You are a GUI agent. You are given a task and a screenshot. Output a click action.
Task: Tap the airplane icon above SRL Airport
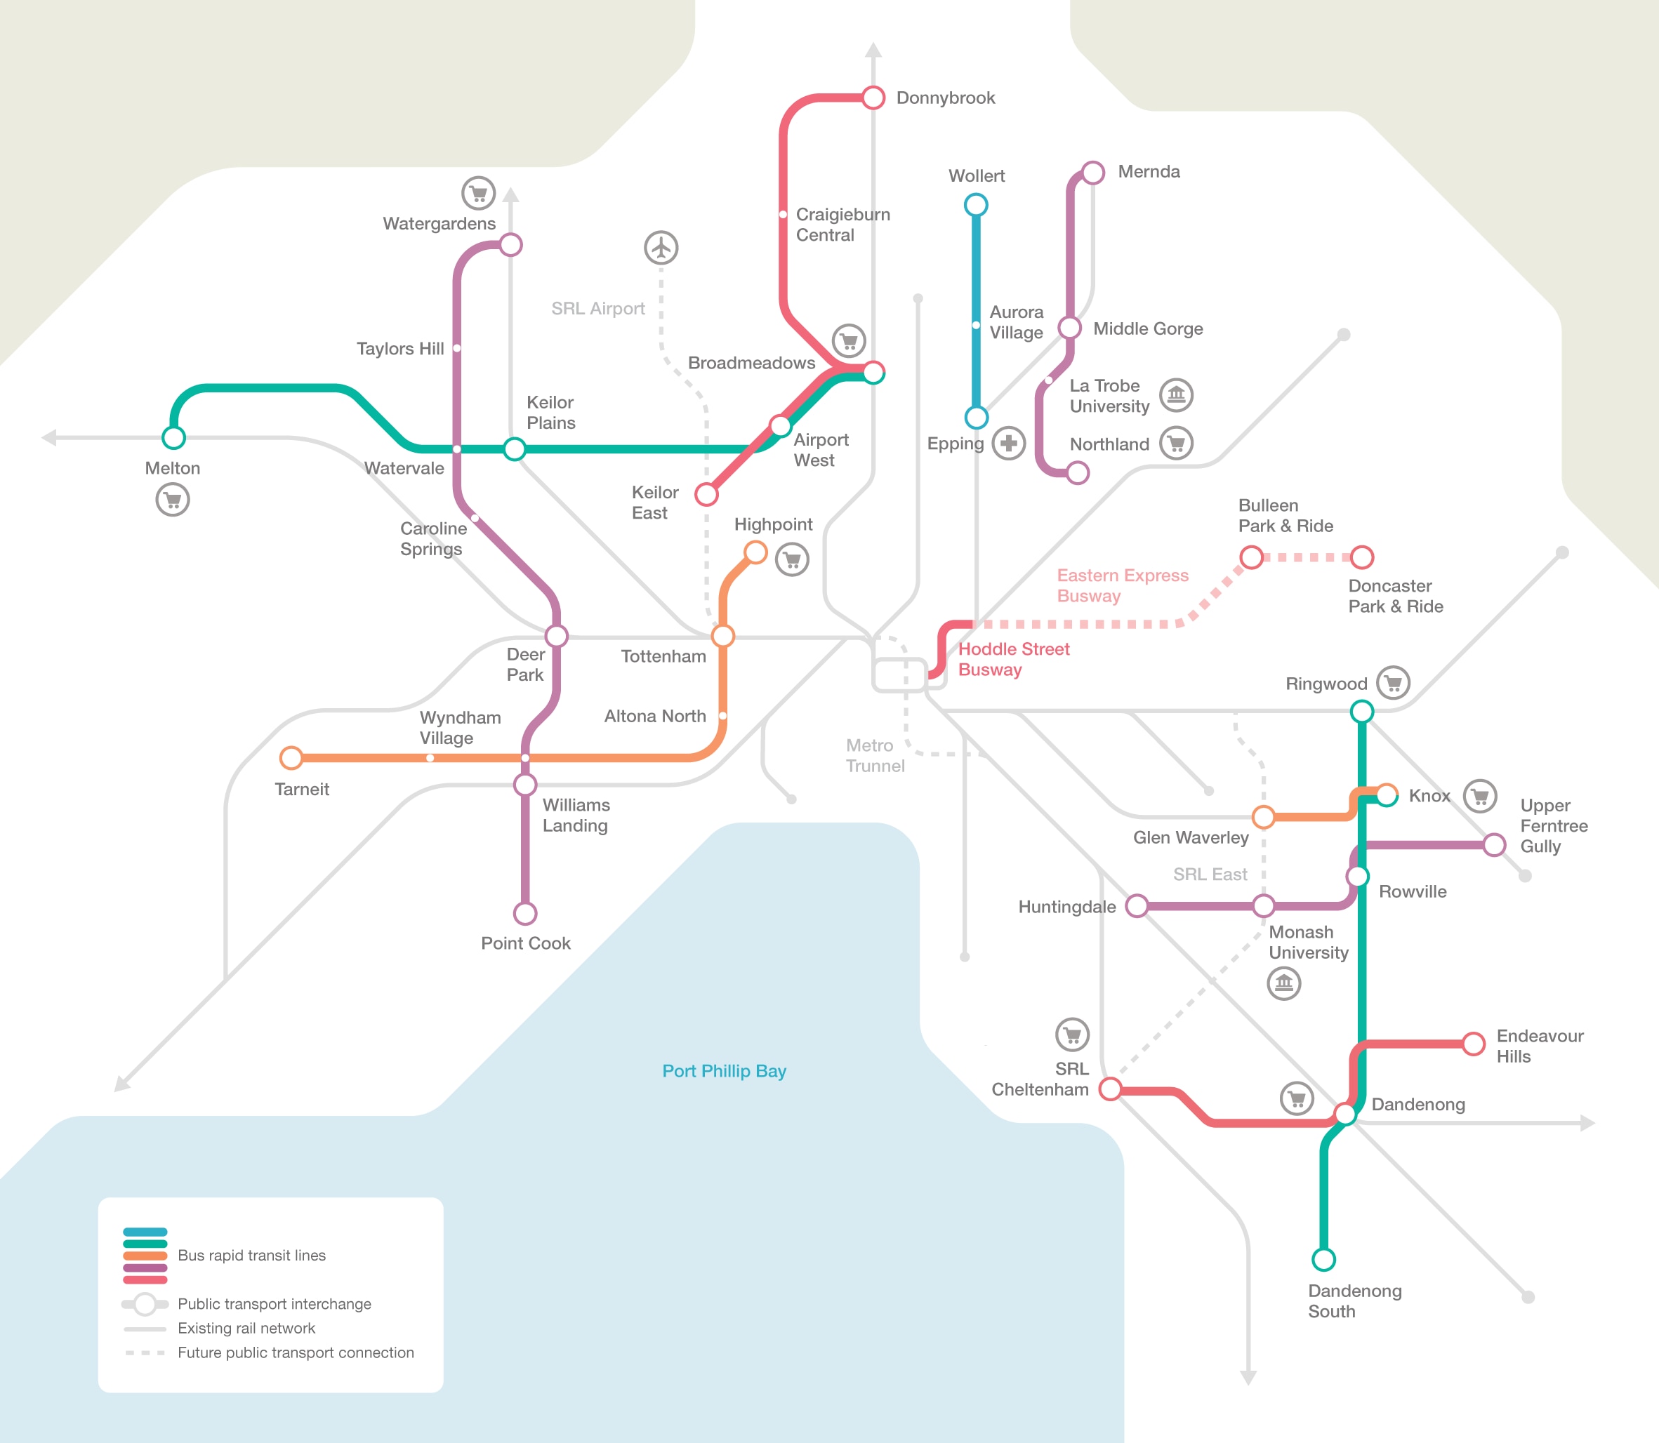coord(661,247)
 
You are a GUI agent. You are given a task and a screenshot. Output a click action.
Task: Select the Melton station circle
coord(174,437)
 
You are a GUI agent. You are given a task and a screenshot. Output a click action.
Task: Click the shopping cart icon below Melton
coord(172,499)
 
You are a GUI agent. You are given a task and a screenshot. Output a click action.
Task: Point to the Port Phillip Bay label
coord(724,1071)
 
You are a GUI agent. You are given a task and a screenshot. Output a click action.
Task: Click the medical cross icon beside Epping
coord(1008,443)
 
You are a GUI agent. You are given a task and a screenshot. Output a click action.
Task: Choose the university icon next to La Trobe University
coord(1176,394)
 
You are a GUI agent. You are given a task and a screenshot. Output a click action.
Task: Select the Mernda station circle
coord(1093,173)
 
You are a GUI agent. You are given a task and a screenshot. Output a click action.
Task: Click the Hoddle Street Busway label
coord(1014,660)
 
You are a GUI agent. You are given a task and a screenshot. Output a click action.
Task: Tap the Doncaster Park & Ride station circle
coord(1362,557)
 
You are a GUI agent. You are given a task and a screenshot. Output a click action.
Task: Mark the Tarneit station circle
coord(291,758)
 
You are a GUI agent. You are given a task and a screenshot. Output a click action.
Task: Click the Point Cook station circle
coord(525,913)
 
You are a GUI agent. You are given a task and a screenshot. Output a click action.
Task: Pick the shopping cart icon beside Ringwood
coord(1393,683)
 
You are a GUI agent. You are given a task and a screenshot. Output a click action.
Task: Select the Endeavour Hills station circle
coord(1474,1044)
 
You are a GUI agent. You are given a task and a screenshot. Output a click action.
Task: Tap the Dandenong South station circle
coord(1324,1258)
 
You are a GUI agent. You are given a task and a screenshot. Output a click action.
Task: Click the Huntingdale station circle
coord(1137,906)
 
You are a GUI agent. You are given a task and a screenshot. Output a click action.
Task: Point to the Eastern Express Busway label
coord(1123,585)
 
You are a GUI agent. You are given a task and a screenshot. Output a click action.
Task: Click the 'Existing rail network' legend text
coord(246,1328)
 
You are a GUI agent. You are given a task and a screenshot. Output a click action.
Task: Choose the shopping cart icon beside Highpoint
coord(792,559)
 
